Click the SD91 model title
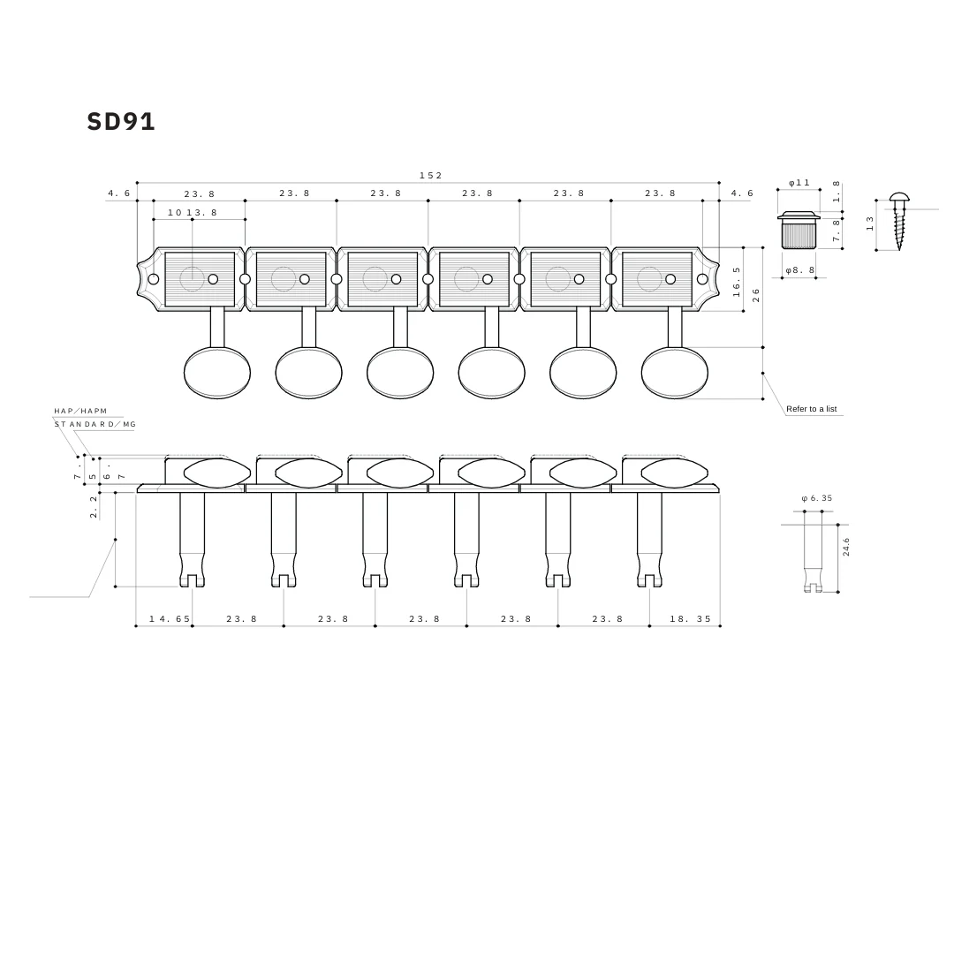point(121,122)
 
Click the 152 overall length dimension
point(430,176)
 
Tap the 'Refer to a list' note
point(811,409)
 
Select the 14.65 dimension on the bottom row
point(170,619)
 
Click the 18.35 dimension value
point(690,619)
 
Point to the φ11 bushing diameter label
point(799,183)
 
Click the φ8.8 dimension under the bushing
point(799,270)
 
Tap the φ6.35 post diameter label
point(816,498)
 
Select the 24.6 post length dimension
point(846,547)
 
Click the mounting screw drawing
point(899,221)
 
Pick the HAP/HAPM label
point(80,411)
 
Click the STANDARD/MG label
point(95,424)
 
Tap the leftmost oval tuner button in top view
point(217,373)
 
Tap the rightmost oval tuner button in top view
point(674,373)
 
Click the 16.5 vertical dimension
point(737,282)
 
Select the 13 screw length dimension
point(870,223)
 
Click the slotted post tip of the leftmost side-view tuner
point(192,579)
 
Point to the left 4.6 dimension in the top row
point(118,193)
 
